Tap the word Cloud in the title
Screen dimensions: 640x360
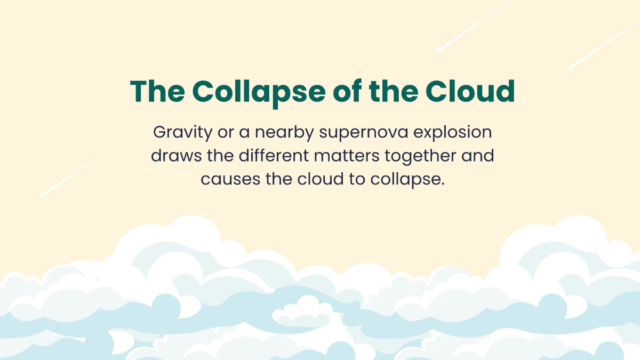click(x=470, y=91)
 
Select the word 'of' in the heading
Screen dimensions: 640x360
click(x=347, y=91)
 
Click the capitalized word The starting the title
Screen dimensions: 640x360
click(x=157, y=91)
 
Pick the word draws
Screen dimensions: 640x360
click(x=177, y=156)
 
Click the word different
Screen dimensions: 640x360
click(x=274, y=156)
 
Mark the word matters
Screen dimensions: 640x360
click(x=347, y=156)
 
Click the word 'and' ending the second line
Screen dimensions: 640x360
click(x=478, y=156)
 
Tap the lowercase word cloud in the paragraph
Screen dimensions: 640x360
click(x=321, y=179)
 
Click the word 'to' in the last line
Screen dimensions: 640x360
click(x=357, y=179)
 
